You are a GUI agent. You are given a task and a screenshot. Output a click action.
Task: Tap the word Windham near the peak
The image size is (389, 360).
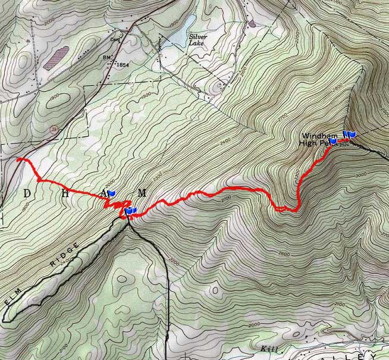[x=315, y=136]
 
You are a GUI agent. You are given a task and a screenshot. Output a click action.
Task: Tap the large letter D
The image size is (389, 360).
[x=26, y=193]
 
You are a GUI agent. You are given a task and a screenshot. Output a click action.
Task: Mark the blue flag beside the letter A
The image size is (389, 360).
[x=111, y=193]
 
